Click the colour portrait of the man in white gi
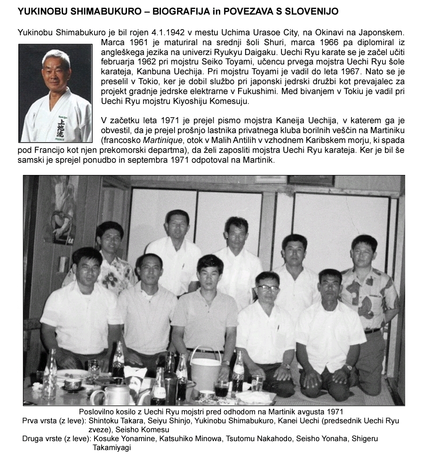point(55,93)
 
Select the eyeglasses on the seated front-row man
point(267,288)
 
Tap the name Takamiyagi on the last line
point(112,448)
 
